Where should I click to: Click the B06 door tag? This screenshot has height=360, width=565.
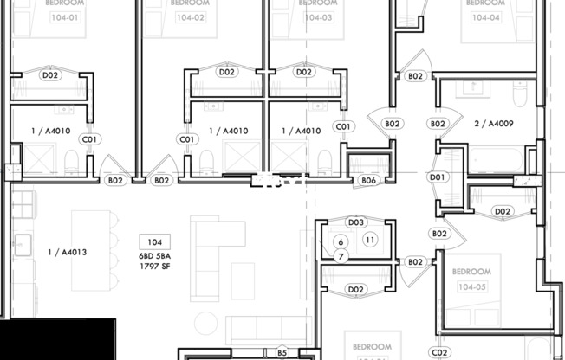(369, 180)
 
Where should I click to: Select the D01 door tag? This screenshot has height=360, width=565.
(437, 177)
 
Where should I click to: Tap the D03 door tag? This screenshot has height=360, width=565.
(355, 222)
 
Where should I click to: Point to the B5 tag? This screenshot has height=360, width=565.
(282, 352)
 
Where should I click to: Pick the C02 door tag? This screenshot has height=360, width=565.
(440, 352)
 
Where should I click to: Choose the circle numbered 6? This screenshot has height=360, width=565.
(341, 241)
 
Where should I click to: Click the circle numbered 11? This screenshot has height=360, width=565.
(370, 240)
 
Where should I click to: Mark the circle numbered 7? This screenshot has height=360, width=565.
(341, 256)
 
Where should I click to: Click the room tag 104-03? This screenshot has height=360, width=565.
(318, 16)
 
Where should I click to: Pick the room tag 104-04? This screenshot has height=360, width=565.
(485, 16)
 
